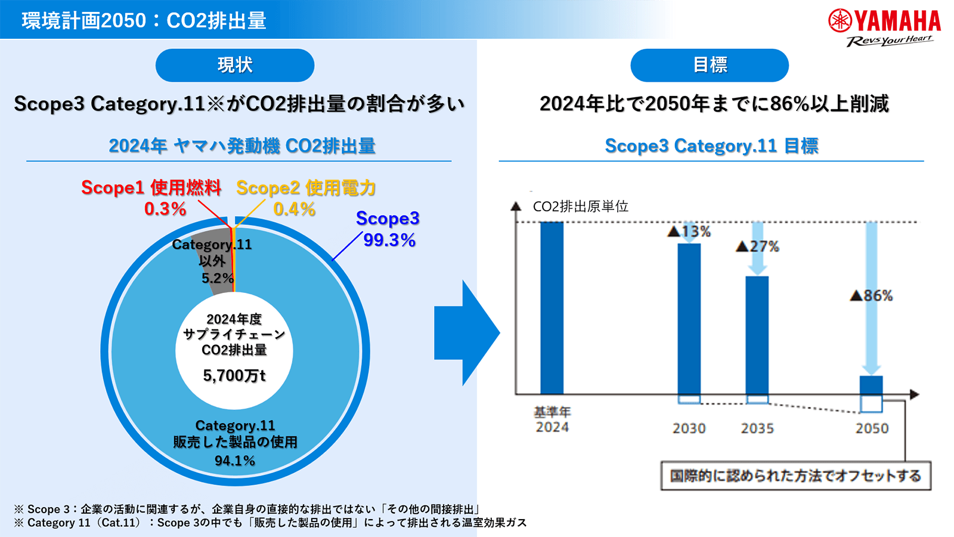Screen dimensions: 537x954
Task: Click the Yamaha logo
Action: (884, 27)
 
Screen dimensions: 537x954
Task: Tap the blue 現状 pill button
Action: (235, 65)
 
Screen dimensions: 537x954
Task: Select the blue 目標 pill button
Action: (710, 65)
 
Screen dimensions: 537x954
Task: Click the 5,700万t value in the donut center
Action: (234, 375)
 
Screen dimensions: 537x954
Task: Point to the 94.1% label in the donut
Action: (235, 461)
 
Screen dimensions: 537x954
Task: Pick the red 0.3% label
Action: (165, 209)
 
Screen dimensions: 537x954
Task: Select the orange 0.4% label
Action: (294, 209)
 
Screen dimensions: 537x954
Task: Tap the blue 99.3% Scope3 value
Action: (389, 240)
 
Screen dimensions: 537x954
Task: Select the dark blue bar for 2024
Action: (552, 307)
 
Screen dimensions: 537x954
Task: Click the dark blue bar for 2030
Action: (689, 319)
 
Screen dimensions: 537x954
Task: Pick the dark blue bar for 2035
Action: (757, 335)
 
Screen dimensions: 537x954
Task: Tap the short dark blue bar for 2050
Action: (871, 385)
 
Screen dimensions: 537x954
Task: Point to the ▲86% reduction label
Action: (871, 295)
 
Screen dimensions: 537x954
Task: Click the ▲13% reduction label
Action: (689, 232)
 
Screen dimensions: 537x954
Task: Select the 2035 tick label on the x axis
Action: (757, 428)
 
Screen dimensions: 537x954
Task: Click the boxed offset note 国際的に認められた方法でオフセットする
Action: (795, 476)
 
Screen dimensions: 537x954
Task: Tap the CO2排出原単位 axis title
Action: (580, 206)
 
